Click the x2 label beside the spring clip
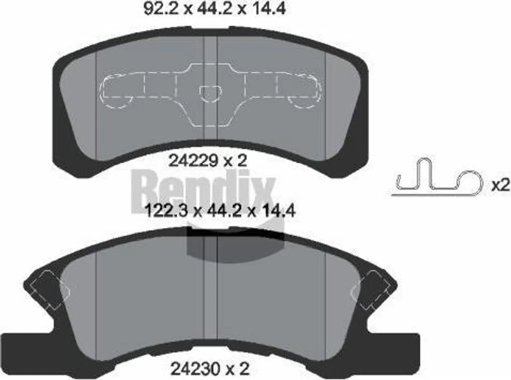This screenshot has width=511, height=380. pyautogui.click(x=500, y=186)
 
